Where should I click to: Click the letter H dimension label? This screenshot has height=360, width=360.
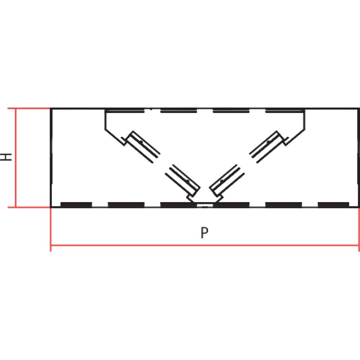[x=6, y=157]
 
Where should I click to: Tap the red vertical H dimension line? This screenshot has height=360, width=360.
[x=16, y=158]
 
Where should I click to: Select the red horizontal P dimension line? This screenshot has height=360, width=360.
[x=205, y=245]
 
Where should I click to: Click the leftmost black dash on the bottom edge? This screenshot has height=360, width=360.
[x=76, y=205]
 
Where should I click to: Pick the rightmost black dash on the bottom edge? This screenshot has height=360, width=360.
[x=333, y=205]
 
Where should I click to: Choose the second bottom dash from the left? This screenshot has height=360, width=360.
[x=126, y=205]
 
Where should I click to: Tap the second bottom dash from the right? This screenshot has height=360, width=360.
[x=283, y=205]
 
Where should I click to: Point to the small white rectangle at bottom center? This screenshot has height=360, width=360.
[x=205, y=205]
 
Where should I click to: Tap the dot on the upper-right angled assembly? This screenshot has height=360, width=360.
[x=268, y=142]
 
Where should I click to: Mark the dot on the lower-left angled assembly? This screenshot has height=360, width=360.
[x=188, y=182]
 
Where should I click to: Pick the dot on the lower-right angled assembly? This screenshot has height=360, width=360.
[x=222, y=181]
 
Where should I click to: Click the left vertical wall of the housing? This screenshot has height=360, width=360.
[x=51, y=158]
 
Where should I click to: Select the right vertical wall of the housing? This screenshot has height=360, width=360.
[x=358, y=158]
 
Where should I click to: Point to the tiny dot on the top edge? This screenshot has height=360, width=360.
[x=151, y=109]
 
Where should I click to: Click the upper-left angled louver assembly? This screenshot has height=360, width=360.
[x=140, y=147]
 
